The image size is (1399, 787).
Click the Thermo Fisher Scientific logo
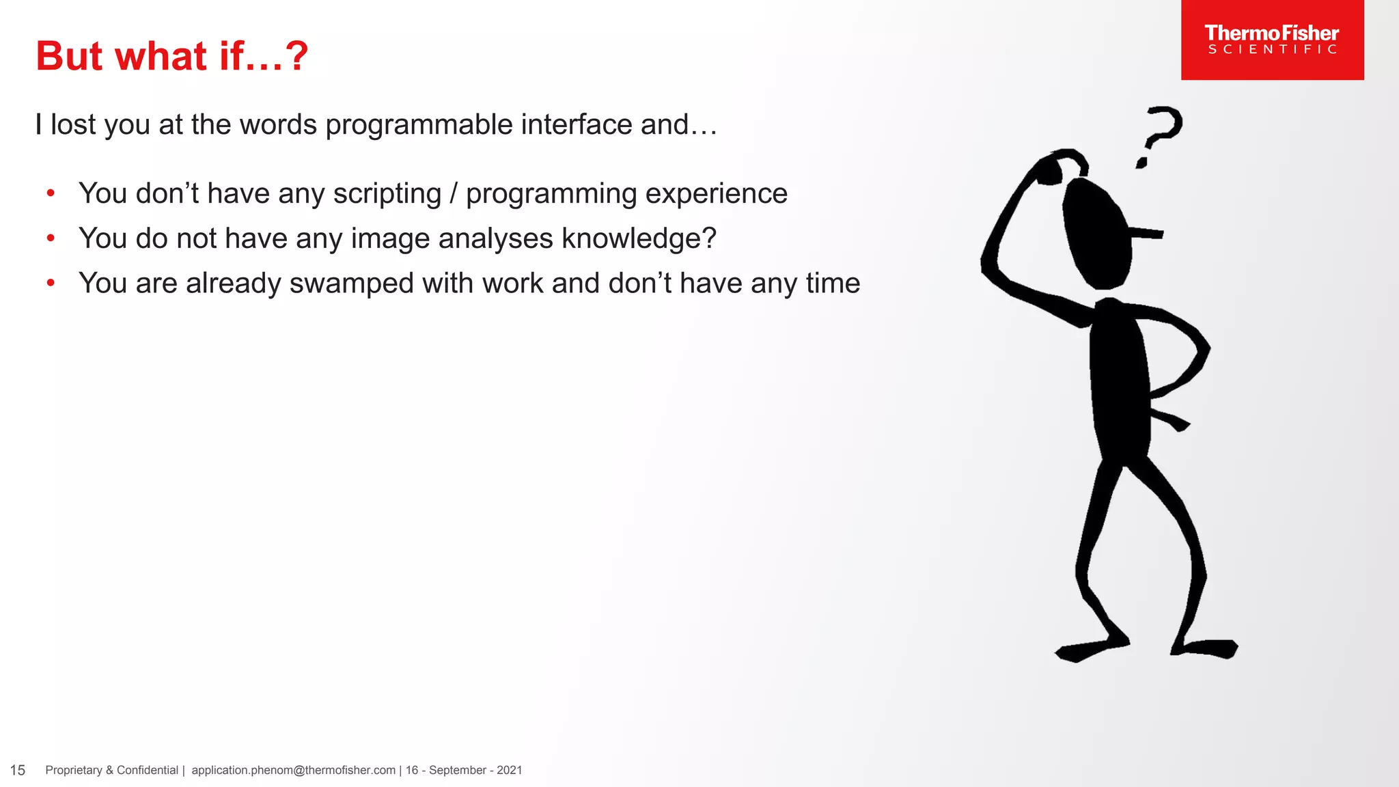pos(1272,40)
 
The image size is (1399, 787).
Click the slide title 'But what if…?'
pos(172,56)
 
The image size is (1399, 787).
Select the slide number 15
pos(18,771)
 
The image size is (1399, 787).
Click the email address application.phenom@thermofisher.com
pos(293,771)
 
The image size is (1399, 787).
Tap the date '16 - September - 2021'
pos(464,771)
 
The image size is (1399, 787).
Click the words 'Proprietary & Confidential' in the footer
pos(111,771)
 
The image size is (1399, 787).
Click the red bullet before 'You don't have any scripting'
pos(51,193)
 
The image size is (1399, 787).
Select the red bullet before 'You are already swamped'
pos(51,283)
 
